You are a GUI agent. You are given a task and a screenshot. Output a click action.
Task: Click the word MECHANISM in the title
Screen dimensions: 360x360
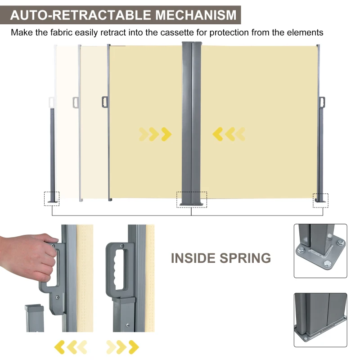click(196, 15)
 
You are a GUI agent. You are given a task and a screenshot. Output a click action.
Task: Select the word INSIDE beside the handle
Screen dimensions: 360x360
click(193, 258)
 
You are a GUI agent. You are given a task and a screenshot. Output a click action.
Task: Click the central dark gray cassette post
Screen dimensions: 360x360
click(192, 121)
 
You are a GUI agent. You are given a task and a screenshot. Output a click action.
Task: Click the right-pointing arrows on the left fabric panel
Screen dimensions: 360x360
click(155, 133)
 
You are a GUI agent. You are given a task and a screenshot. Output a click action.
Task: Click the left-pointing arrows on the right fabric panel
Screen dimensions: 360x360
click(229, 133)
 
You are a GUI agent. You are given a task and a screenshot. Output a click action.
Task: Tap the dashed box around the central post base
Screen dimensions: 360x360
click(192, 199)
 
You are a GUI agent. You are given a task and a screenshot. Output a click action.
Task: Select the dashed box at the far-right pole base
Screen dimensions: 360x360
click(321, 200)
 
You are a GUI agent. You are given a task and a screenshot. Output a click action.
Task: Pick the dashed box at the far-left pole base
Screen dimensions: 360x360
click(52, 198)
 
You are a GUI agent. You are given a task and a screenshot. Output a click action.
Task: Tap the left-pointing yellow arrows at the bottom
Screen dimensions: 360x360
click(70, 346)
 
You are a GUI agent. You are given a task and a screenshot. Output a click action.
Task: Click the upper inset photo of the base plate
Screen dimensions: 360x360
click(320, 251)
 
